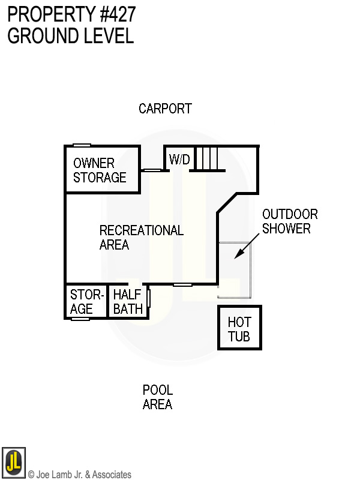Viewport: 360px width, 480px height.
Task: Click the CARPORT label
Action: (x=165, y=109)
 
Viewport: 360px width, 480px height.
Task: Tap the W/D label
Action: (x=179, y=160)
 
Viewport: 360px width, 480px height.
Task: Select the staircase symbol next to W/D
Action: (x=208, y=159)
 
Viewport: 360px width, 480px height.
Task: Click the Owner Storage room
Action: (x=100, y=170)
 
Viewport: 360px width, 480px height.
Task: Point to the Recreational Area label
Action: (x=141, y=238)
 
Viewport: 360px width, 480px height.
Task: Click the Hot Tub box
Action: (x=239, y=328)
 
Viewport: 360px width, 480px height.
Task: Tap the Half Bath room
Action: (x=128, y=302)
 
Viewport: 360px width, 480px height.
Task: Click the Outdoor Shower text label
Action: (x=290, y=221)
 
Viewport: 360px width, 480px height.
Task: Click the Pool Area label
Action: (x=158, y=397)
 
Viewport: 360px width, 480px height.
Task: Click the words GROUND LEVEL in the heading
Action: (x=70, y=36)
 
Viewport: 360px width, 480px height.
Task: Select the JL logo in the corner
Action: (x=14, y=463)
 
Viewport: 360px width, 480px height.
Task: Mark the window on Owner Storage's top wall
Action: (x=82, y=145)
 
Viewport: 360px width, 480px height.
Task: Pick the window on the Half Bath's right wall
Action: (x=148, y=298)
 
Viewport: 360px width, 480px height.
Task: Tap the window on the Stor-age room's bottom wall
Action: (x=80, y=319)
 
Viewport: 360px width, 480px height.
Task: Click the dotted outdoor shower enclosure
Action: (x=235, y=270)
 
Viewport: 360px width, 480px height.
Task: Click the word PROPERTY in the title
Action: (x=46, y=14)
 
